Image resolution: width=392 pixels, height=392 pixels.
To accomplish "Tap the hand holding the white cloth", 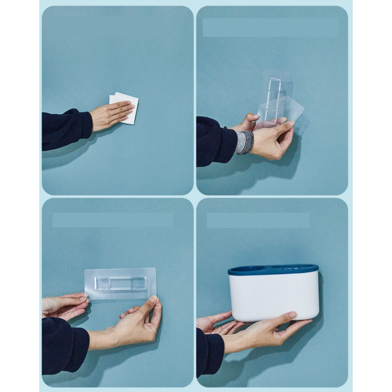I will [109, 115].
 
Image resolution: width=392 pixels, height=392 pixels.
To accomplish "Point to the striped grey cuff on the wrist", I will [245, 142].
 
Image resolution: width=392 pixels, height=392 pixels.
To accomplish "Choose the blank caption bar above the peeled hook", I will [270, 28].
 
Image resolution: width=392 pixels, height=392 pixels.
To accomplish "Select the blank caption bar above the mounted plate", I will [113, 220].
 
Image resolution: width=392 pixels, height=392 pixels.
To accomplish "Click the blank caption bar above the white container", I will [258, 220].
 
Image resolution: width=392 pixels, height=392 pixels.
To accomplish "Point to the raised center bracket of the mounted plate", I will [120, 283].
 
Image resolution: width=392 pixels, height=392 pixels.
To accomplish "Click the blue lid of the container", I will [273, 270].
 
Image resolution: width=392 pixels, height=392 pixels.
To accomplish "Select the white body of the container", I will [273, 297].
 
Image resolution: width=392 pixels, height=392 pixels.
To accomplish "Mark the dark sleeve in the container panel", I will [209, 349].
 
